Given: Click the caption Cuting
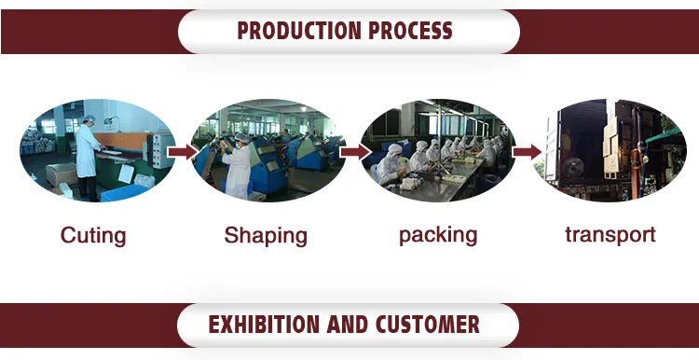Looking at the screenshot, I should [x=93, y=235].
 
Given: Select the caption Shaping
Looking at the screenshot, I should [x=266, y=235].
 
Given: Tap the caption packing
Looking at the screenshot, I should [x=438, y=235].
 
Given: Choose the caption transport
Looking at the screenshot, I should [x=610, y=235].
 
